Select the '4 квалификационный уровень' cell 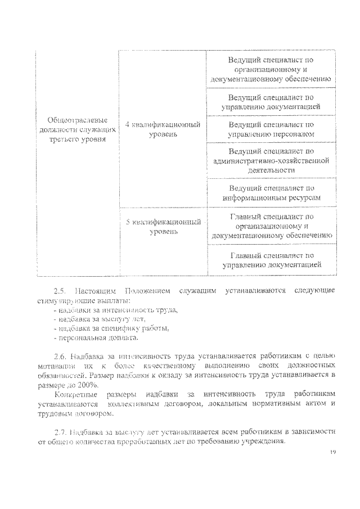163,129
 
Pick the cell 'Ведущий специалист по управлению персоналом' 271,129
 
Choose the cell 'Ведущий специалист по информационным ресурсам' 271,193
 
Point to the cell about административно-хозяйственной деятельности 271,160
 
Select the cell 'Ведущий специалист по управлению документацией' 271,101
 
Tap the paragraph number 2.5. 60,291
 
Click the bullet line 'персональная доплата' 96,337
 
